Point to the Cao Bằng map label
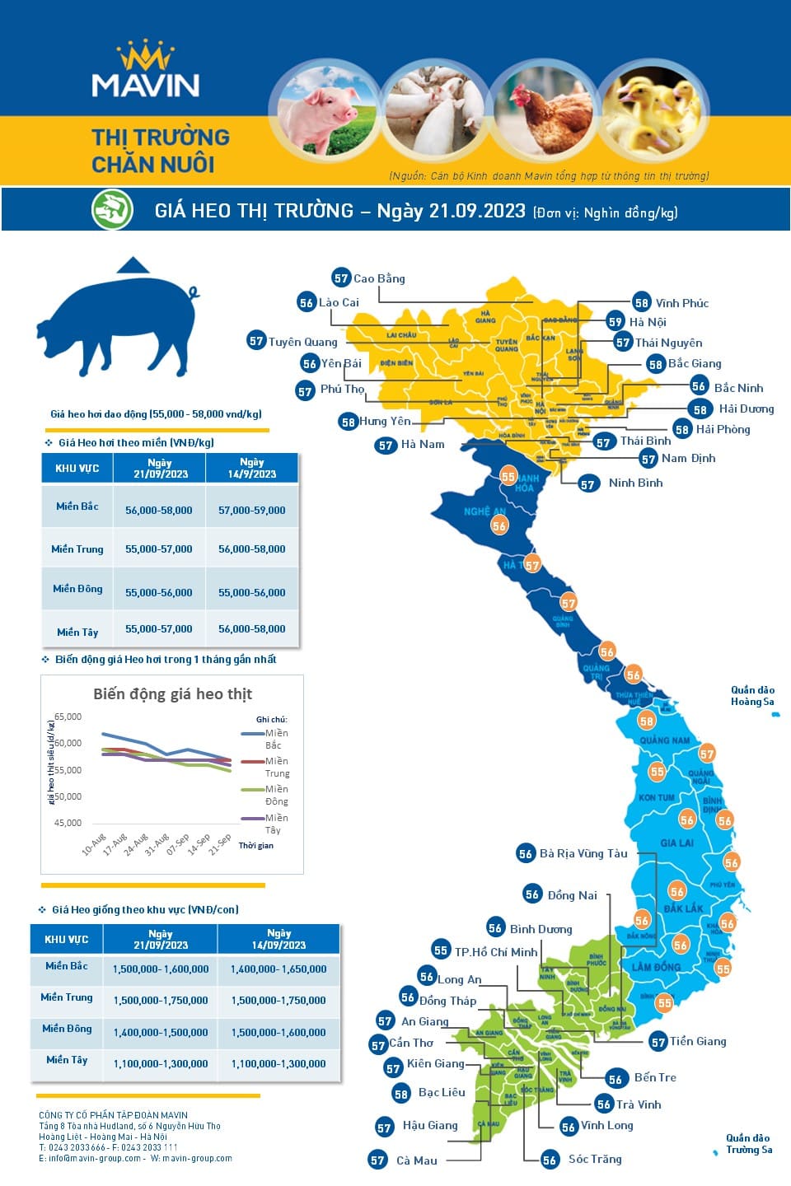pos(379,278)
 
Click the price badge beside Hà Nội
pos(615,322)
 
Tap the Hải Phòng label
pos(723,429)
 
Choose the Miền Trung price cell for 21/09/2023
pos(159,549)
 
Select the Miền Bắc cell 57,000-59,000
pos(252,511)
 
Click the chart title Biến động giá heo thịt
pos(172,694)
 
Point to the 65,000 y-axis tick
pos(68,717)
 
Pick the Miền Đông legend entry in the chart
pos(276,795)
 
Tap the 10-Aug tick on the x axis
pos(94,843)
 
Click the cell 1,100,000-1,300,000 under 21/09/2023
pos(161,1064)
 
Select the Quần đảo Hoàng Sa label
pos(752,696)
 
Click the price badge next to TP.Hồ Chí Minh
pos(441,950)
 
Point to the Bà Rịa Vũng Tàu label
pos(583,853)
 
